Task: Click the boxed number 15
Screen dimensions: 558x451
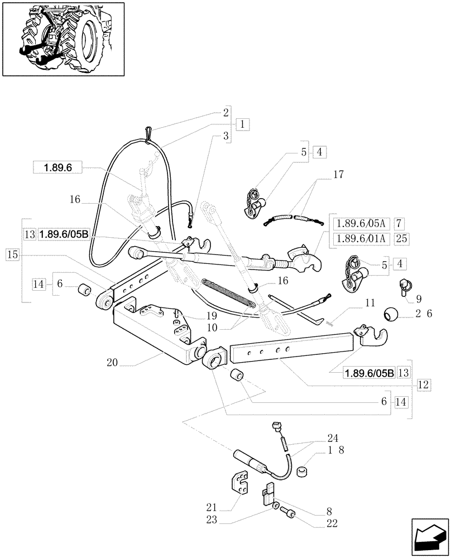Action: point(13,254)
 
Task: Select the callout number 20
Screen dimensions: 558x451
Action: point(113,362)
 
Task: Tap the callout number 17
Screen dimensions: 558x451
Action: point(338,175)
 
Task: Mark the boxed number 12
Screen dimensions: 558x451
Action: point(423,384)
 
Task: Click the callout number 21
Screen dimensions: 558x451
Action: point(209,507)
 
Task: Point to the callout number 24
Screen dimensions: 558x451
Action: point(333,438)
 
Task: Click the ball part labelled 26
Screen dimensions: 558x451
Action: point(388,315)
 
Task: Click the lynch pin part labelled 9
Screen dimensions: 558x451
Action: point(404,287)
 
